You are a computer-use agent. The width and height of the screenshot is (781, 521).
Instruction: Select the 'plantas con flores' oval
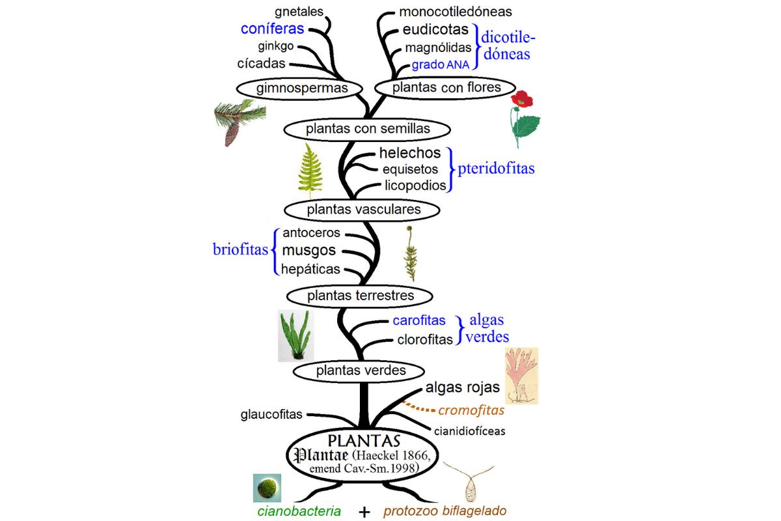[x=446, y=87]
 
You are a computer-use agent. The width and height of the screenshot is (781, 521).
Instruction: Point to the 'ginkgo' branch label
[x=276, y=46]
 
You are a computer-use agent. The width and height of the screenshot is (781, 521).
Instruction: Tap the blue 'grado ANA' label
[x=445, y=65]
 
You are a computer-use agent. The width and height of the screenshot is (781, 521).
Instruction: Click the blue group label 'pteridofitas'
[x=497, y=169]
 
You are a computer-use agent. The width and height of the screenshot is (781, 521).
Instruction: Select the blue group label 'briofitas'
[x=241, y=250]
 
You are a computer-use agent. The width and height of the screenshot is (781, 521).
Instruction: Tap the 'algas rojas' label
[x=463, y=387]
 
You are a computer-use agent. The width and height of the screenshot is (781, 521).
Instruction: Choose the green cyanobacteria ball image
[x=267, y=488]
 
